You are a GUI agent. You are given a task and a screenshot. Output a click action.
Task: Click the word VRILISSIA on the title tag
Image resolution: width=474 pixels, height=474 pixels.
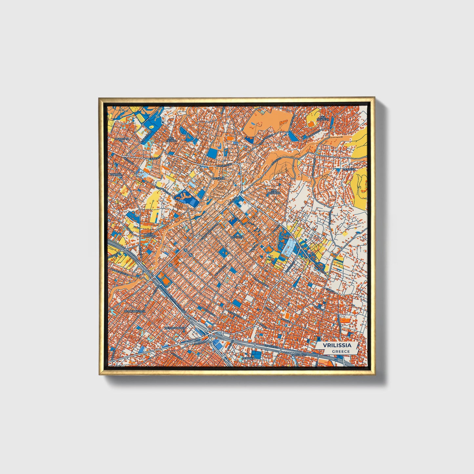[337, 345]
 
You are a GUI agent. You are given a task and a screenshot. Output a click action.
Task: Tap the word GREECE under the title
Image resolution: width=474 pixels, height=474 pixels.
[340, 351]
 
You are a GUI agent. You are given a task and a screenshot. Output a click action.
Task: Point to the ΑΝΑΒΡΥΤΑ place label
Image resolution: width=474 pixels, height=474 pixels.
[122, 139]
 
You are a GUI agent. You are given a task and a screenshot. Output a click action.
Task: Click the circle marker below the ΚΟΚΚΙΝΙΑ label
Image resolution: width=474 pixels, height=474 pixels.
[121, 177]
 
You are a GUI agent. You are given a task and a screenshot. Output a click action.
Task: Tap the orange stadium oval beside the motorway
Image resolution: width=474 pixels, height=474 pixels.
[167, 282]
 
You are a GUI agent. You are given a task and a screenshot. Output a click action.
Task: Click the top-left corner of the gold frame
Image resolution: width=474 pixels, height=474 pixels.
[99, 98]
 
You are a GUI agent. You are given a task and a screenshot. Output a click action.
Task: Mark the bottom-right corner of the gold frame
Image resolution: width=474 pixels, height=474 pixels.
[374, 375]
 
